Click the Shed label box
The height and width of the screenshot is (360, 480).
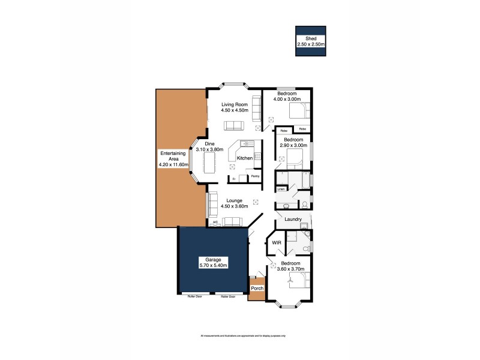pos(310,41)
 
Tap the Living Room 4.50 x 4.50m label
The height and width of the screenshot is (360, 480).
pos(235,107)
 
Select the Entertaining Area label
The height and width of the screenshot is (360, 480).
pos(173,158)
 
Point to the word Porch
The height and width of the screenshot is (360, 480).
pos(257,289)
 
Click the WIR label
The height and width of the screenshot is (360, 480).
pos(277,243)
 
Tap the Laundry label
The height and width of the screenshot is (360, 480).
pos(293,220)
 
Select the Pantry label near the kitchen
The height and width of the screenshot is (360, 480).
pos(255,176)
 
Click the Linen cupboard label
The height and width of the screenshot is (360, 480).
pos(280,188)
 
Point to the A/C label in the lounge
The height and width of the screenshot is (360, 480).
pos(214,223)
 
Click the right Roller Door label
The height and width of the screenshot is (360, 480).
pos(227,296)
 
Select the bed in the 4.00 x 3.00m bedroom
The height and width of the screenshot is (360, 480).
pos(298,112)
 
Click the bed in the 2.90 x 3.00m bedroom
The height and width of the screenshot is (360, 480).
pos(297,157)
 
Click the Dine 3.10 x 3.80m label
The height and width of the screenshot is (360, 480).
pos(210,147)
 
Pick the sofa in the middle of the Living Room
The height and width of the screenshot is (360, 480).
pos(233,125)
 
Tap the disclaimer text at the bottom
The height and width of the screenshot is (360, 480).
pos(243,335)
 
